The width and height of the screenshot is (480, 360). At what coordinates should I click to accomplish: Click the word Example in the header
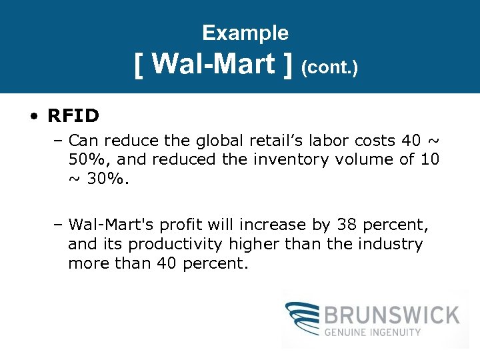tap(245, 33)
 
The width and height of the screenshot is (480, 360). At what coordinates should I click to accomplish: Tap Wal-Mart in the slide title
tap(214, 64)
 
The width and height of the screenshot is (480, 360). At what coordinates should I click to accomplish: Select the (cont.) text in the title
tap(330, 67)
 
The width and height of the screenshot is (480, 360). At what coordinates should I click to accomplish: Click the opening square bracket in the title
tap(139, 65)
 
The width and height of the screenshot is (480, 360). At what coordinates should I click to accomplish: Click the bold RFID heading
tap(73, 116)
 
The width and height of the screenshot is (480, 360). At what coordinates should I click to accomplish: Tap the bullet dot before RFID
tap(33, 117)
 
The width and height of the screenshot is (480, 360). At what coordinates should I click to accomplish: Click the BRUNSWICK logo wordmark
tap(393, 314)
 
